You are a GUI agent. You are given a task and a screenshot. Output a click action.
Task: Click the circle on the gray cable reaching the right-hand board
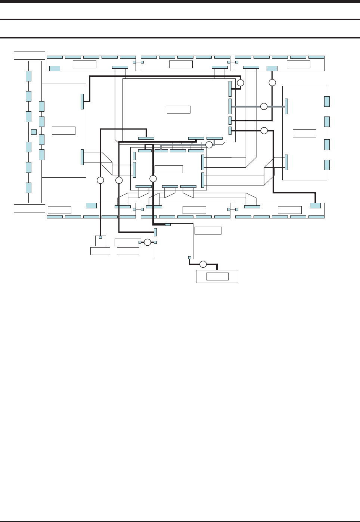pos(264,106)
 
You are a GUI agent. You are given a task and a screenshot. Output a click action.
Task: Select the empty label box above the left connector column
pos(30,55)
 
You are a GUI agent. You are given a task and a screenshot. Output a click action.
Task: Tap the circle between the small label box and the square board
pos(148,242)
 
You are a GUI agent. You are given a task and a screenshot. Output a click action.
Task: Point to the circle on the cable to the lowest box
pos(203,264)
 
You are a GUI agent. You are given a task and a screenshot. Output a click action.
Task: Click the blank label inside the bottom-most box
pos(217,276)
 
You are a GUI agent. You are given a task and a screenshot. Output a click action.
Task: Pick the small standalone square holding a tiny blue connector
pos(100,240)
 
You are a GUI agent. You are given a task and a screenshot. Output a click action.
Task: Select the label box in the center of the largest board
pos(179,109)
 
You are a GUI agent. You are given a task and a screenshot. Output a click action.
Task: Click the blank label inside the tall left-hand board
pos(63,130)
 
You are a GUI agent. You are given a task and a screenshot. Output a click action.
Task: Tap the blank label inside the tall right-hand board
pos(304,133)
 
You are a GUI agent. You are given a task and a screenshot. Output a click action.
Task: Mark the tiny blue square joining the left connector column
pos(34,132)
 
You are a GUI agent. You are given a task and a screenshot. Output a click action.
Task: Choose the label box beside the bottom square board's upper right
pos(208,230)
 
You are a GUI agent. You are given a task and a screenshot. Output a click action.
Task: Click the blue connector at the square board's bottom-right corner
pos(190,257)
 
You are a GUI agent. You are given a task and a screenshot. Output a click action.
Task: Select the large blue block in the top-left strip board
pos(55,68)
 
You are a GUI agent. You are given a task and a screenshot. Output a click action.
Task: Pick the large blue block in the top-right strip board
pos(272,68)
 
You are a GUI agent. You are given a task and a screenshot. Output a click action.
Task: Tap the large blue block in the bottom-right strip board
pos(316,205)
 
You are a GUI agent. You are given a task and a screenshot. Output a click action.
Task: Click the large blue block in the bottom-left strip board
pos(91,205)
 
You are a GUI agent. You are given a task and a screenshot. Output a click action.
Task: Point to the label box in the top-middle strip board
pos(181,64)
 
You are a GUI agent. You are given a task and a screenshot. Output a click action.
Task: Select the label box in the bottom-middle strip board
pos(195,210)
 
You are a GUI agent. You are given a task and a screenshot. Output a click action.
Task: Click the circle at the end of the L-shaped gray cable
pos(209,145)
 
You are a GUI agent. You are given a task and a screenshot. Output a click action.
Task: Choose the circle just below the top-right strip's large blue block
pos(273,82)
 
